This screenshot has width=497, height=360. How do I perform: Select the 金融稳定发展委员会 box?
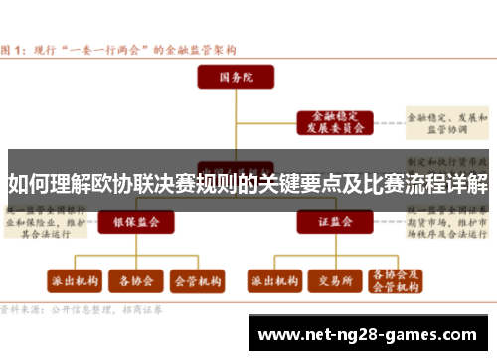point(333,122)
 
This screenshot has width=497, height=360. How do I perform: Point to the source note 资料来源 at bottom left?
point(20,309)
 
